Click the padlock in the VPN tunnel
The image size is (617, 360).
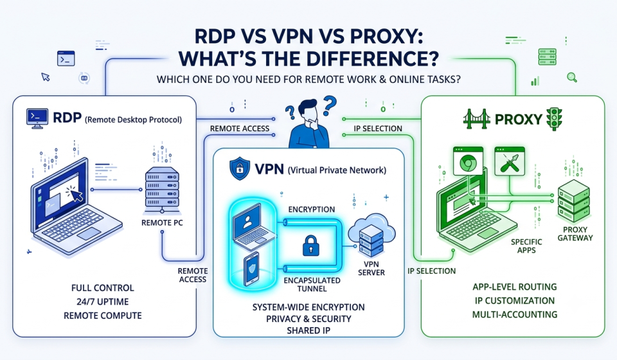click(x=311, y=246)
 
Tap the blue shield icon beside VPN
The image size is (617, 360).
click(x=240, y=168)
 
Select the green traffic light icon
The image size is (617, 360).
click(x=555, y=119)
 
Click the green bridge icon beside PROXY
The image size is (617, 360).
click(x=476, y=119)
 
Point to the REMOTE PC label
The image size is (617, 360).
click(x=162, y=222)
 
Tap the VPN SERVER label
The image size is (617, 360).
click(x=371, y=268)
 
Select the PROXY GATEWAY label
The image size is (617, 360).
click(x=575, y=234)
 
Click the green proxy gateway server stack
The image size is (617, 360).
click(x=573, y=200)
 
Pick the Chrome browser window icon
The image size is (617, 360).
click(x=469, y=161)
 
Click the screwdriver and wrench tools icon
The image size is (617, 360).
click(x=510, y=161)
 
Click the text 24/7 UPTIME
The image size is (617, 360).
click(x=103, y=301)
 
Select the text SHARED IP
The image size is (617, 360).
click(x=308, y=330)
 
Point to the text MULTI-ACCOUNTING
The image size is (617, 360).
click(x=515, y=314)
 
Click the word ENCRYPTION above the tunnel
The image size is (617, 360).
click(x=312, y=210)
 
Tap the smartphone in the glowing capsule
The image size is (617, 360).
click(x=251, y=269)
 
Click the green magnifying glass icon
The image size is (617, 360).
click(x=572, y=77)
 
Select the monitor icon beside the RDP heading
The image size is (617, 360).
click(x=37, y=118)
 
